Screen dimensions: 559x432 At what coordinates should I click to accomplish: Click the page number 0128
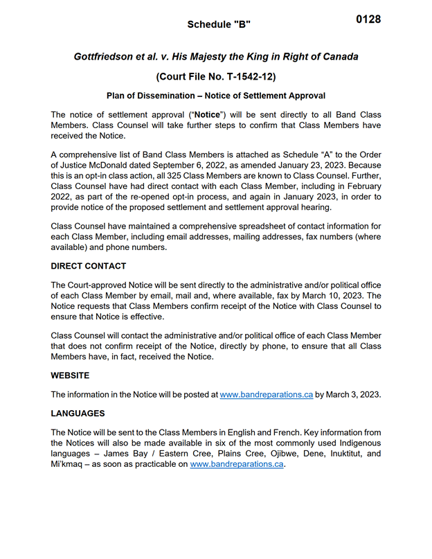(x=368, y=19)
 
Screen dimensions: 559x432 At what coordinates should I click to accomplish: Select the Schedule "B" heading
(x=219, y=25)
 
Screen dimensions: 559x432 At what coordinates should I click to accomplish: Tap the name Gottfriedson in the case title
(x=106, y=56)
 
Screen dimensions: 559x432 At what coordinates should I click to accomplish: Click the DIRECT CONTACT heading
(x=89, y=266)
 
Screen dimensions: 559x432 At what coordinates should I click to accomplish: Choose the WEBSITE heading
(x=70, y=375)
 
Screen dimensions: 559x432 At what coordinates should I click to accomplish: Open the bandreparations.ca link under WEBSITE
(x=267, y=395)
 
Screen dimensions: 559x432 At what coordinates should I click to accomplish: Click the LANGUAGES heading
(x=78, y=414)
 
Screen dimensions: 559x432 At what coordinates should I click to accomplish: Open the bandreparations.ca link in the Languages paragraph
(x=237, y=465)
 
